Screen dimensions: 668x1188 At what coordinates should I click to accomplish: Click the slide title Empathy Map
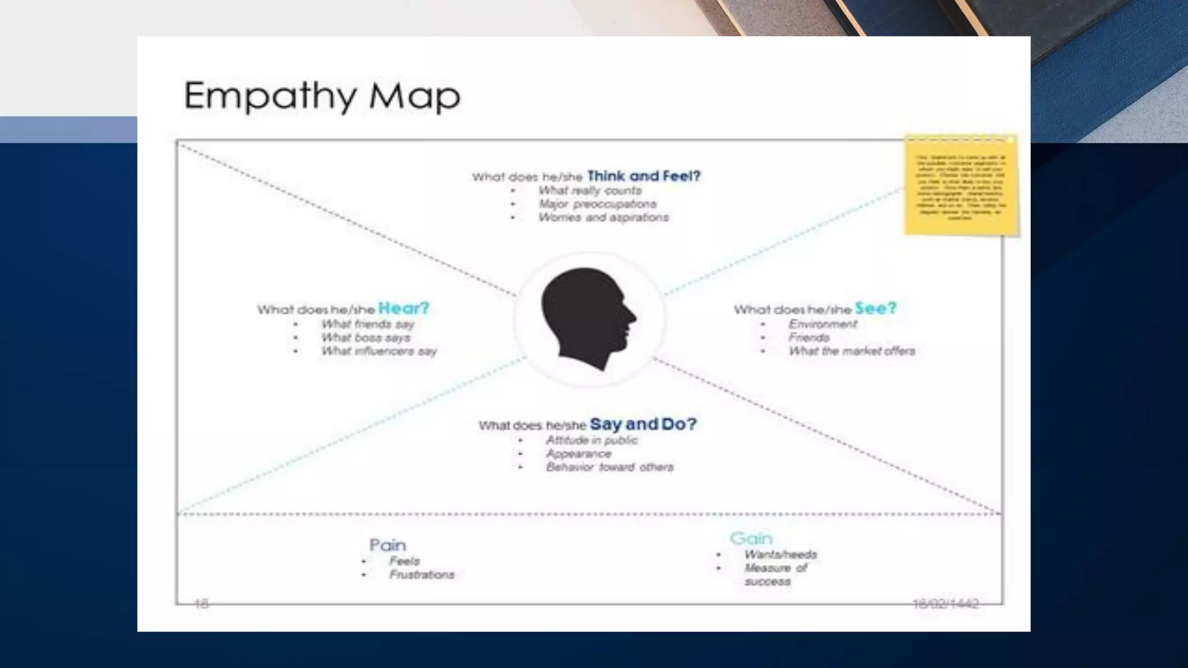322,96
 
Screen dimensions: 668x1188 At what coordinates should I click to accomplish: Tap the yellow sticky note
961,186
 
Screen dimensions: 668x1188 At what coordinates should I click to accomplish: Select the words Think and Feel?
644,176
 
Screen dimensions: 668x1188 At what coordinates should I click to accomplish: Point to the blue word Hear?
404,308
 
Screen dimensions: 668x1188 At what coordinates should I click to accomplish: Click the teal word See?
875,308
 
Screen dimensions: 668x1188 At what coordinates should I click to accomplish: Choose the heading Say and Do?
643,424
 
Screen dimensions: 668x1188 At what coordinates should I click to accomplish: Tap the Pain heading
387,545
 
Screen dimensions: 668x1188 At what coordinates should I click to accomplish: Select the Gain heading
751,538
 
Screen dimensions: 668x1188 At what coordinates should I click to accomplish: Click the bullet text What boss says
365,337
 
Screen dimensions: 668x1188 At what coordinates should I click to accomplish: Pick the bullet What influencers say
379,351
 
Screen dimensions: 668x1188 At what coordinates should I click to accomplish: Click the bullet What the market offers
852,351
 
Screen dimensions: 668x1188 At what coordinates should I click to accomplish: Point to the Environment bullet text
823,324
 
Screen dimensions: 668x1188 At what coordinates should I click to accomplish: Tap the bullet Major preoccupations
597,204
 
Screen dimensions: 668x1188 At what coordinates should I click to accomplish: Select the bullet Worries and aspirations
603,217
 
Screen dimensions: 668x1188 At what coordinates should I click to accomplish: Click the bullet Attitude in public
592,440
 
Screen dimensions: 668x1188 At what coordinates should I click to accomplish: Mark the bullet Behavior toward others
610,467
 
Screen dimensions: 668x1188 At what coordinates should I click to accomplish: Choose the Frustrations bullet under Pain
422,575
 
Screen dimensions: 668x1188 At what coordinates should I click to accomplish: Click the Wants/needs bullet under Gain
781,554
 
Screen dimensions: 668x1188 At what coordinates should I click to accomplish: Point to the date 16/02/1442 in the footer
946,604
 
